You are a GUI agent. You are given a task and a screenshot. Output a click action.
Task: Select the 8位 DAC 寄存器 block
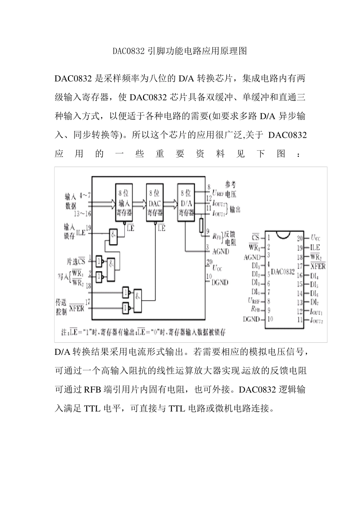coord(155,202)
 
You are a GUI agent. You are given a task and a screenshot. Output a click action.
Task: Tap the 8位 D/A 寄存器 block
coord(186,202)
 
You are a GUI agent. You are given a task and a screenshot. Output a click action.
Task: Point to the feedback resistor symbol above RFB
coord(201,225)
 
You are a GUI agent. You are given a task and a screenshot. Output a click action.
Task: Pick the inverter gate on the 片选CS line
coord(100,261)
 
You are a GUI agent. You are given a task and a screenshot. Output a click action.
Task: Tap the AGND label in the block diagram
coord(221,251)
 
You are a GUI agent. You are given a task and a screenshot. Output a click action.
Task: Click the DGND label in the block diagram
coord(220,282)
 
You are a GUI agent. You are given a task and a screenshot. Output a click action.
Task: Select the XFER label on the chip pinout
coord(318,266)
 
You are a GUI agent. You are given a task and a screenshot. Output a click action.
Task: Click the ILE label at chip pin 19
coord(315,247)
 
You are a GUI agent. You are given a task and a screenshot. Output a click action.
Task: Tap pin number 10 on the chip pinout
coord(270,319)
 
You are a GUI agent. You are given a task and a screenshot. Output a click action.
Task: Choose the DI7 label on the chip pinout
coord(314,302)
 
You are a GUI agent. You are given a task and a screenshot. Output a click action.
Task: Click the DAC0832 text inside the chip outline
coord(283,272)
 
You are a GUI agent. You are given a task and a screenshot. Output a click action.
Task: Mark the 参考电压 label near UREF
coord(230,189)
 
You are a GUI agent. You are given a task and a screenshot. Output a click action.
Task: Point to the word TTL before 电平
coord(92,408)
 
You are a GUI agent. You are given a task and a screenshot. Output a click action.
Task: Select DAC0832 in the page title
coord(129,51)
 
